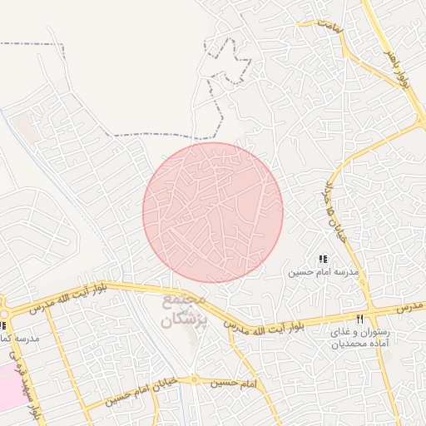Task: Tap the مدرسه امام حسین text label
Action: (324, 272)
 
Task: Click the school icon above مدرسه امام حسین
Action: (324, 260)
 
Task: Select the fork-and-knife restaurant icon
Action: (359, 319)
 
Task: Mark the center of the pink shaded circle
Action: (213, 213)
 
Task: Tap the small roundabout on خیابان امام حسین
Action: (194, 379)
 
